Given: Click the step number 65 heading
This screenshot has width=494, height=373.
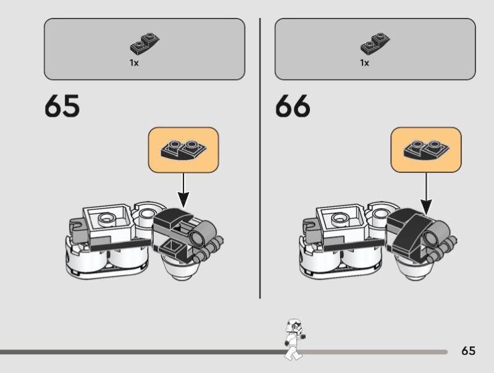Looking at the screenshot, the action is [62, 106].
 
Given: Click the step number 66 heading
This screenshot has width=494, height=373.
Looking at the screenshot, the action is [293, 106].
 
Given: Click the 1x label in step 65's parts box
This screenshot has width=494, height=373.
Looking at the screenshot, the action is [134, 63].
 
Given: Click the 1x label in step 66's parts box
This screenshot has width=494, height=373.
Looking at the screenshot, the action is [364, 63].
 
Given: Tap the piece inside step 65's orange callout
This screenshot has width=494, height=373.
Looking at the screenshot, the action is [183, 149].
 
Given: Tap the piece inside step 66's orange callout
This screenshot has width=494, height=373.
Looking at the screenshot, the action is [425, 149].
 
